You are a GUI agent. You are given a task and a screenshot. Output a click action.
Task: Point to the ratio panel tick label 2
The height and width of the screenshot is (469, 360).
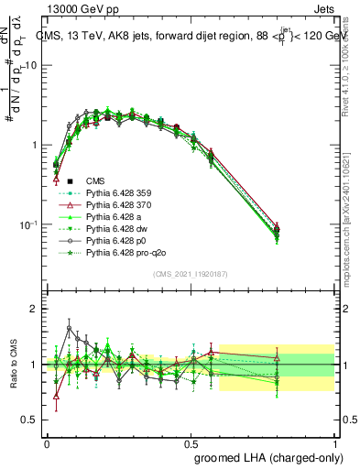[x=33, y=309]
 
